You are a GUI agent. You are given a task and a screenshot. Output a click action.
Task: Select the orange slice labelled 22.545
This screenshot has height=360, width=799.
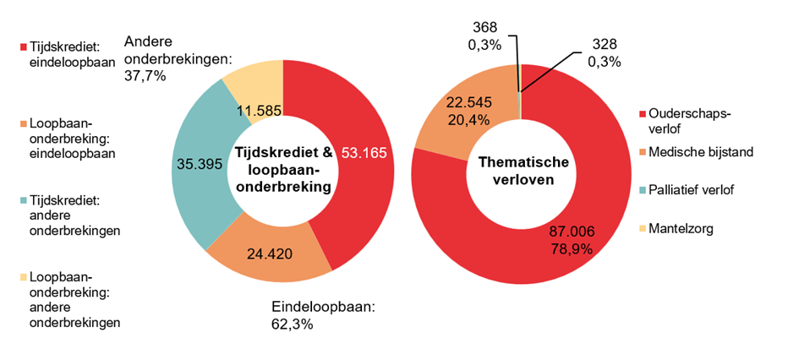tap(460, 110)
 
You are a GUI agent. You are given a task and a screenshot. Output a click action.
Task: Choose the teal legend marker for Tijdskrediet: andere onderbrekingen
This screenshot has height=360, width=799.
tap(23, 201)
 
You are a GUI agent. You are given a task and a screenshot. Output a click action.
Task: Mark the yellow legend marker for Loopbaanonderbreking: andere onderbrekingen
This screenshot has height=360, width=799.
tap(23, 276)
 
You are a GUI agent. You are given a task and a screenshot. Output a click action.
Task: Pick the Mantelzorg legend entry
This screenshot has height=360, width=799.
tap(682, 226)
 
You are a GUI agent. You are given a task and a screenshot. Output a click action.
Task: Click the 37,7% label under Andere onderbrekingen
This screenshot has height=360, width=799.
tap(145, 75)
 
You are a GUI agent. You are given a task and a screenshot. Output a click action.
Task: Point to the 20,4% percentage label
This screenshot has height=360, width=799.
tap(460, 119)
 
